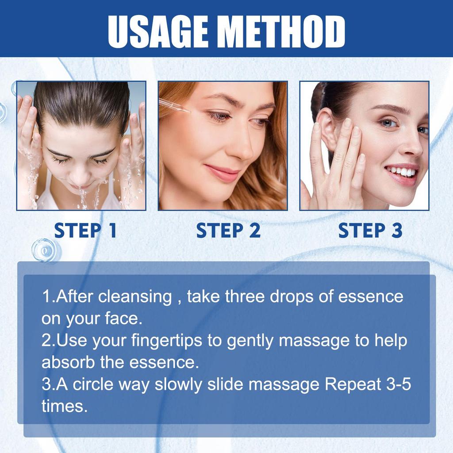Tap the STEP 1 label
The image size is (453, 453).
(x=85, y=230)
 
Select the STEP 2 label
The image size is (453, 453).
(x=228, y=230)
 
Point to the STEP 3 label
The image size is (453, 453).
(x=370, y=230)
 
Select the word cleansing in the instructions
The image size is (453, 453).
(x=135, y=296)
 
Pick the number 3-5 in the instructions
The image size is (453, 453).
(x=399, y=384)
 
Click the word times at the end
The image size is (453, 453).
(x=64, y=406)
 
